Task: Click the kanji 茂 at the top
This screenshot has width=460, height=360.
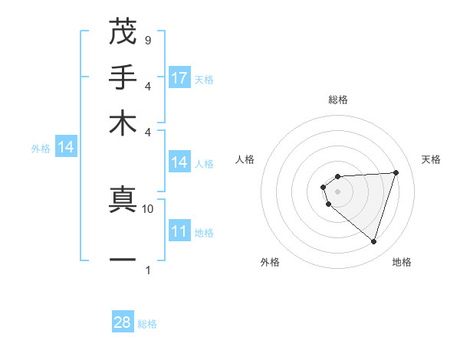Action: point(123,31)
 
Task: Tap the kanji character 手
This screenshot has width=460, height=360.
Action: point(123,77)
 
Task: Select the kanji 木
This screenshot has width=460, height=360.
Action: point(123,123)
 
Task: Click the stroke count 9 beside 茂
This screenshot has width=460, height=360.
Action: point(147,40)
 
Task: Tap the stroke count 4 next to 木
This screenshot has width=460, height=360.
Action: point(147,132)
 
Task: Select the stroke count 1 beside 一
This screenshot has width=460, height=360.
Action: point(147,270)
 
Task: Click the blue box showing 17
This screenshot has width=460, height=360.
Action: point(179,78)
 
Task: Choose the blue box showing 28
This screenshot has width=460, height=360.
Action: point(123,322)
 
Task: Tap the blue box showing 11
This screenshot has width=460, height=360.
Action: point(179,231)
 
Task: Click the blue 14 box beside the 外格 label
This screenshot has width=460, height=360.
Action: point(66,148)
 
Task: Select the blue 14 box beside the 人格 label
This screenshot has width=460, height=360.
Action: point(179,162)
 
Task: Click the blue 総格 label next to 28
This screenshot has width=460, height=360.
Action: point(147,324)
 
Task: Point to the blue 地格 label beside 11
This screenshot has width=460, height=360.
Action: point(204,232)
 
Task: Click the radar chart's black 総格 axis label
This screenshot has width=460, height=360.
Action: point(337,100)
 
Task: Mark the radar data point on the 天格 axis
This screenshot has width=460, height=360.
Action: point(396,172)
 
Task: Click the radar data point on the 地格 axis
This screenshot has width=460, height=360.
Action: point(373,241)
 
